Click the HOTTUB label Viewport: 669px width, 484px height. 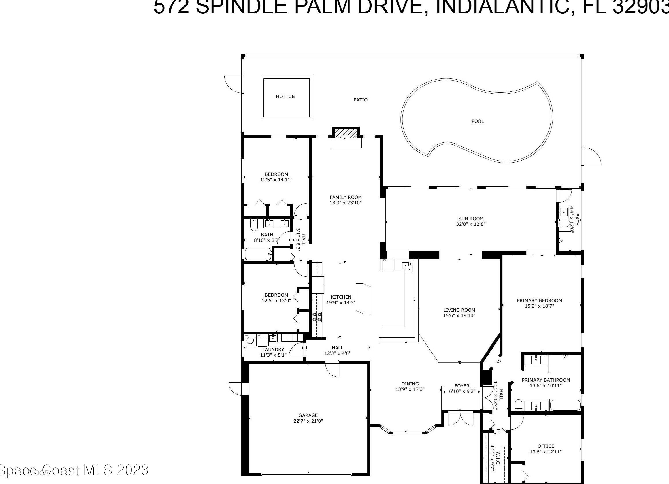click(x=285, y=97)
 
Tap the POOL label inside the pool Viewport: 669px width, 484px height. click(x=478, y=121)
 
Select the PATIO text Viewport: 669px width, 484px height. click(x=361, y=100)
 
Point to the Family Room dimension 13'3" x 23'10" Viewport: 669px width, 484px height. click(x=345, y=203)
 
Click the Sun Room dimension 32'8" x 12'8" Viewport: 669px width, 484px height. click(x=470, y=224)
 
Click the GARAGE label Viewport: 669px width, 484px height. click(x=308, y=415)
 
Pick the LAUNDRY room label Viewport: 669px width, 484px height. click(x=273, y=349)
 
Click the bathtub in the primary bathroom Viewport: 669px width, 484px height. click(x=565, y=405)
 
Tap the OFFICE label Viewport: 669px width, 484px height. click(x=546, y=446)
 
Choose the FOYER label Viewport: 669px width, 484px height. click(x=462, y=386)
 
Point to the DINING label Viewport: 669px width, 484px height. click(x=410, y=384)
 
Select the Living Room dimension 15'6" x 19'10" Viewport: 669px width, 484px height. click(x=459, y=315)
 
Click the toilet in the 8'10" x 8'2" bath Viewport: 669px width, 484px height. click(x=254, y=226)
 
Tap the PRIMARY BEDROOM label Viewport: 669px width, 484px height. click(x=539, y=301)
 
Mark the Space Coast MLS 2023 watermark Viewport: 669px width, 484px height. click(x=74, y=470)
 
